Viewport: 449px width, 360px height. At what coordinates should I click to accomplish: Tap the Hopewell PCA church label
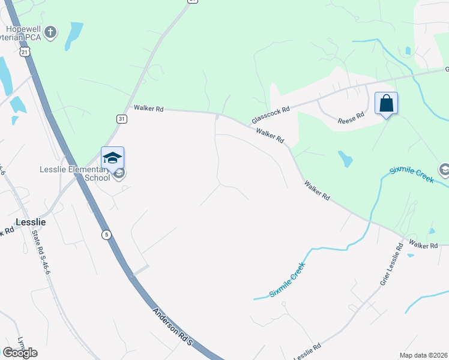tap(24, 32)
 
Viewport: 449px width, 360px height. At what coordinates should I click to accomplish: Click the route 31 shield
tap(122, 119)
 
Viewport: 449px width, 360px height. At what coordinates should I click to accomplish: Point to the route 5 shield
tap(106, 233)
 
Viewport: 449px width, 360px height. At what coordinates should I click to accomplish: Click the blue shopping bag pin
tap(386, 103)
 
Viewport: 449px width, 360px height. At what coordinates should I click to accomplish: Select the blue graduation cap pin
tap(112, 158)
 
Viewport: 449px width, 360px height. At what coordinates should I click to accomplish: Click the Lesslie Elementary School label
tap(75, 173)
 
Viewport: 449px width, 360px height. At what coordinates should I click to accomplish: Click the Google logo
tap(20, 353)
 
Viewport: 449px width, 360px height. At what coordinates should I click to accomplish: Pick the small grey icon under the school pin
tap(119, 175)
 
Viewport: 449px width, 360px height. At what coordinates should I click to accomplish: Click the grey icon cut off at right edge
tap(444, 170)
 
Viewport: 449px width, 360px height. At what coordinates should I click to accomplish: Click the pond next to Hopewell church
tap(74, 35)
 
